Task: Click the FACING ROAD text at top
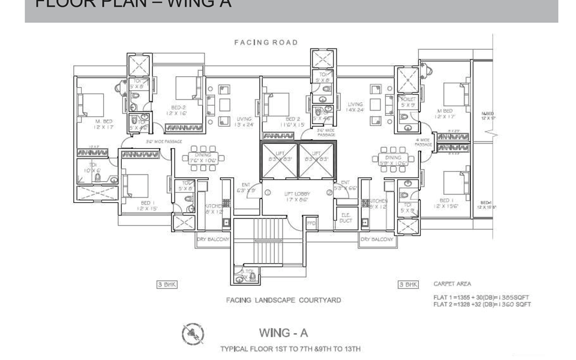(x=266, y=43)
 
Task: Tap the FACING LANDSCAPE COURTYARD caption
(x=283, y=300)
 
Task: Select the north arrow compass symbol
(x=193, y=334)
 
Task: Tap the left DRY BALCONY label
(x=213, y=239)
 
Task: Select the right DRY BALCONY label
(x=377, y=239)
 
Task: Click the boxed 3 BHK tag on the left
(x=167, y=284)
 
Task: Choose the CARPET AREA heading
(x=452, y=284)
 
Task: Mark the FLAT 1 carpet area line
(x=481, y=297)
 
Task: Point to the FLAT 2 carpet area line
(x=482, y=305)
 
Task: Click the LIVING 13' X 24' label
(x=244, y=122)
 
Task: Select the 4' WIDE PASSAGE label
(x=424, y=142)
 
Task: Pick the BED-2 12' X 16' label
(x=176, y=110)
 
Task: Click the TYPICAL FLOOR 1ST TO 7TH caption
(x=290, y=349)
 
